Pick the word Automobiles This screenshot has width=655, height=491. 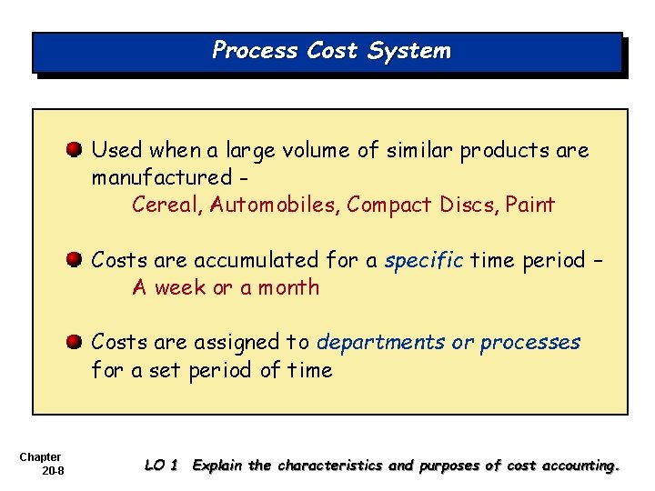[x=274, y=205]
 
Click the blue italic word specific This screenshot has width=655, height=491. [x=424, y=261]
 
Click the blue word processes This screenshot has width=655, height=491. [x=529, y=343]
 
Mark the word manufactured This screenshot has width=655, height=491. [x=162, y=177]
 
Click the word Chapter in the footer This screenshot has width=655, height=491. [x=39, y=456]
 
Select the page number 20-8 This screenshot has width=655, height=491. [x=51, y=469]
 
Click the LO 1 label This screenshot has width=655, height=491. [x=161, y=466]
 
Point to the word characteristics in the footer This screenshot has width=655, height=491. [x=330, y=466]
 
